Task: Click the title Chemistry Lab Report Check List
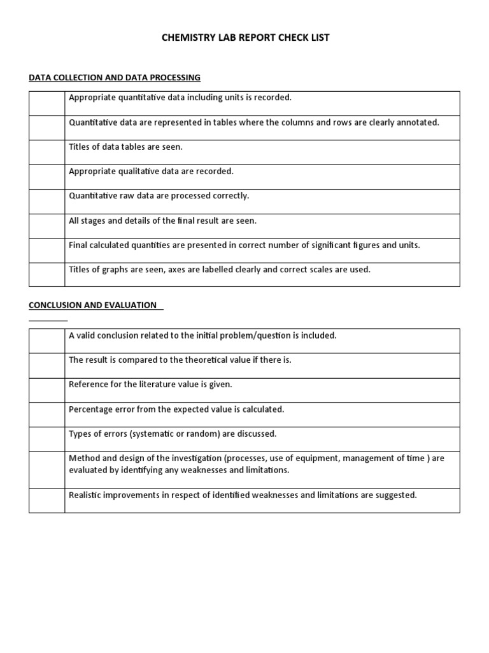(x=244, y=38)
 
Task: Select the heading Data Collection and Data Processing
(x=115, y=78)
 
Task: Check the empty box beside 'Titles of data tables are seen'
(x=46, y=152)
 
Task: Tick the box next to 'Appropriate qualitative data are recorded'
(x=46, y=177)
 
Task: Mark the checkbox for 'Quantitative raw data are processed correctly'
(x=46, y=202)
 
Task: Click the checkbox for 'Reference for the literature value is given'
(x=46, y=390)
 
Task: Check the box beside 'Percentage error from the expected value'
(x=46, y=415)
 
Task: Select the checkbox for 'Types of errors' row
(x=46, y=439)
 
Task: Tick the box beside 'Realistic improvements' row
(x=46, y=501)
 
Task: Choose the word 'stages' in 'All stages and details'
(x=92, y=221)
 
